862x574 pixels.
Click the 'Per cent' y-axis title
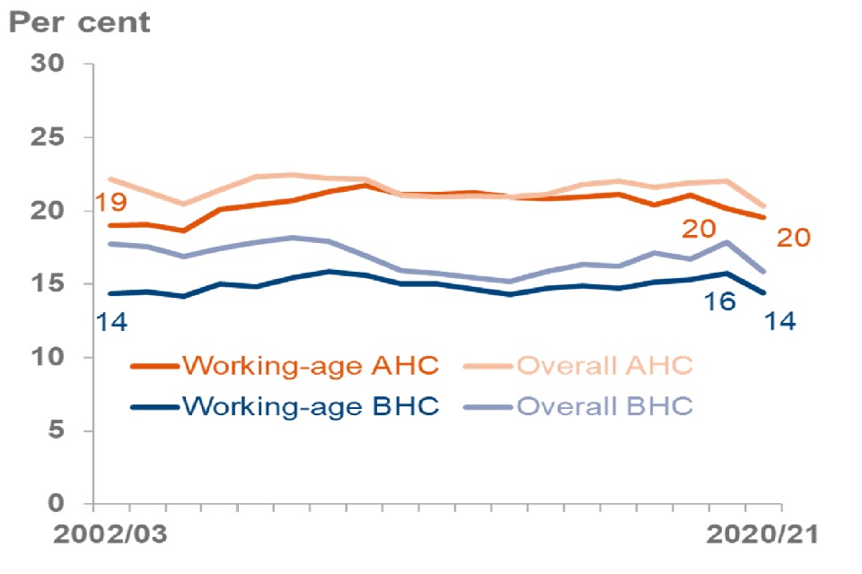click(x=80, y=22)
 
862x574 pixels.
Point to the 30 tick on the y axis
click(x=48, y=65)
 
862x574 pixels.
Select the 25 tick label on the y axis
click(x=48, y=138)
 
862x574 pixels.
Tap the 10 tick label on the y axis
click(x=48, y=358)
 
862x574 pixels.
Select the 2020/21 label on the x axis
click(x=759, y=535)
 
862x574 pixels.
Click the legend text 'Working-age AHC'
click(x=310, y=366)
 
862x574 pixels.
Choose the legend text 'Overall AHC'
click(x=604, y=366)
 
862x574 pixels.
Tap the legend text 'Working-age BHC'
click(x=310, y=406)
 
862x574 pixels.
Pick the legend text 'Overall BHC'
click(x=604, y=406)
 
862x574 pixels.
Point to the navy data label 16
click(x=718, y=300)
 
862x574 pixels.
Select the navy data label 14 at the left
click(x=111, y=320)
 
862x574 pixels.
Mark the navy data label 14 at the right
click(x=780, y=320)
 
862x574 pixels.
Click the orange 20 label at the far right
click(x=793, y=238)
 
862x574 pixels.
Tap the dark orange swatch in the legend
click(x=154, y=366)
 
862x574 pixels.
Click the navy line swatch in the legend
click(x=154, y=406)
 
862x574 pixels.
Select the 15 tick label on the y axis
click(x=48, y=284)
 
